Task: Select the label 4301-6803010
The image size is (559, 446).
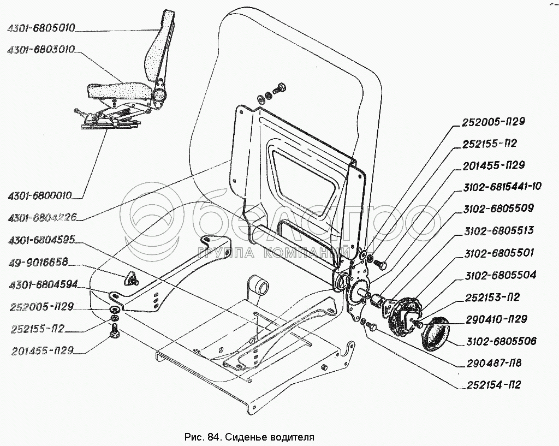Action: coord(41,50)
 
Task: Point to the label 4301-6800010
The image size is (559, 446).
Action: coord(41,194)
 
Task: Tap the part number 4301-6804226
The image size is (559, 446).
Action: coord(41,218)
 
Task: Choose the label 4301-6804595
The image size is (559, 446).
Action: coord(41,241)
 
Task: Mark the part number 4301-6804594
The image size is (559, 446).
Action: coord(41,284)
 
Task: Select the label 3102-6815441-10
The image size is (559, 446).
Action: coord(502,187)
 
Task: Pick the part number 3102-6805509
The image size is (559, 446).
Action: coord(498,209)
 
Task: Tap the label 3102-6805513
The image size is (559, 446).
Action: coord(498,231)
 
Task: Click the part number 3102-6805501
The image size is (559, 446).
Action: coord(498,253)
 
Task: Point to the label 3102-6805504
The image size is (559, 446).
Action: coord(498,275)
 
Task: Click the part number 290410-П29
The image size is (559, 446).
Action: coord(495,319)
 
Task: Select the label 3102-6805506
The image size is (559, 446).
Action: coord(501,342)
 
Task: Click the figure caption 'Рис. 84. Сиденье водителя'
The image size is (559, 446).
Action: coord(251,437)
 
